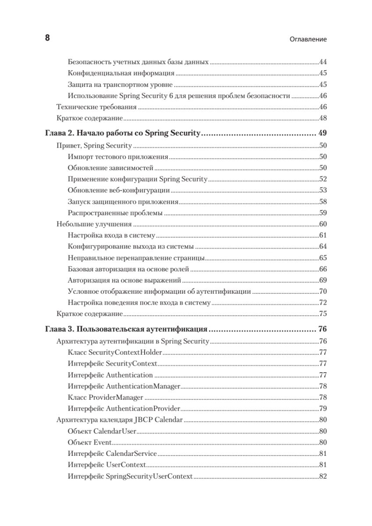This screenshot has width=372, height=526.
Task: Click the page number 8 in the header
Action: click(x=47, y=38)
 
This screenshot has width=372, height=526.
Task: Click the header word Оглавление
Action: click(x=308, y=39)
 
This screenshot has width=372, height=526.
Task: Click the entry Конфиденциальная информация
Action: click(x=121, y=73)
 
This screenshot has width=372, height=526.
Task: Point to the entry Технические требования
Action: click(x=97, y=107)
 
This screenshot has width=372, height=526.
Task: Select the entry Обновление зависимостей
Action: click(x=110, y=167)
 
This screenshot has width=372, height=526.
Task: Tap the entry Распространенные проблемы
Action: click(x=115, y=213)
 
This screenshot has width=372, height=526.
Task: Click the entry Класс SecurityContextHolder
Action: click(x=115, y=352)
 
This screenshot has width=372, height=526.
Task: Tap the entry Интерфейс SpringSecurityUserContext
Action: click(x=130, y=476)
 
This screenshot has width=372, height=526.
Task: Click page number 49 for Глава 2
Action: click(x=323, y=133)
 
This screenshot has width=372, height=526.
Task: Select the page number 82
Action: click(x=323, y=476)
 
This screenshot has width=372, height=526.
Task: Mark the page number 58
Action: click(x=323, y=202)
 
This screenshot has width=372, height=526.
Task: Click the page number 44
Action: click(x=323, y=62)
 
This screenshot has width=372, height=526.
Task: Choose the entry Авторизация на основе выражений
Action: click(x=124, y=280)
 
